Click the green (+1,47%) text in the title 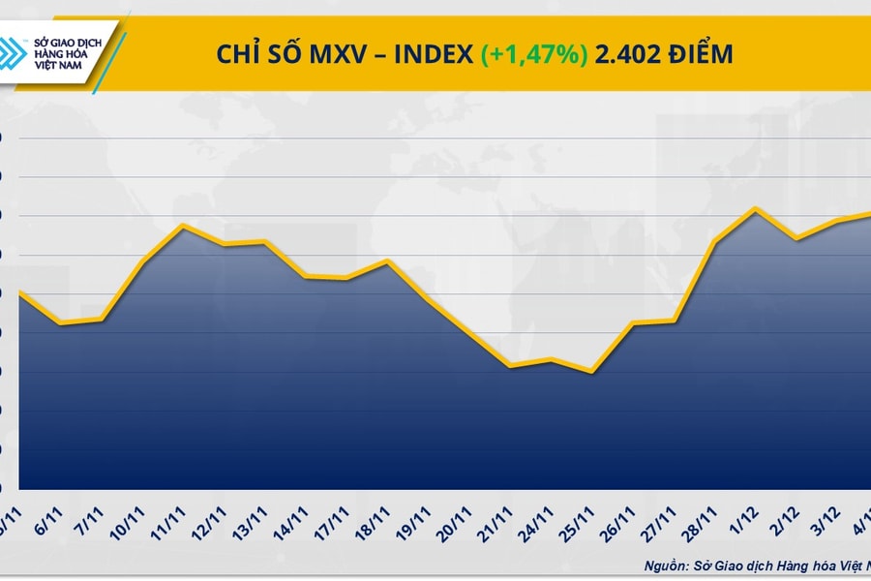[533, 54]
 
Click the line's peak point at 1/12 [756, 208]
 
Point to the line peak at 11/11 [184, 226]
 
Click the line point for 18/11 [387, 260]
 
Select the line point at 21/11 [509, 366]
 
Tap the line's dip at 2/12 [796, 238]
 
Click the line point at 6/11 [62, 323]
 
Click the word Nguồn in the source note [666, 565]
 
